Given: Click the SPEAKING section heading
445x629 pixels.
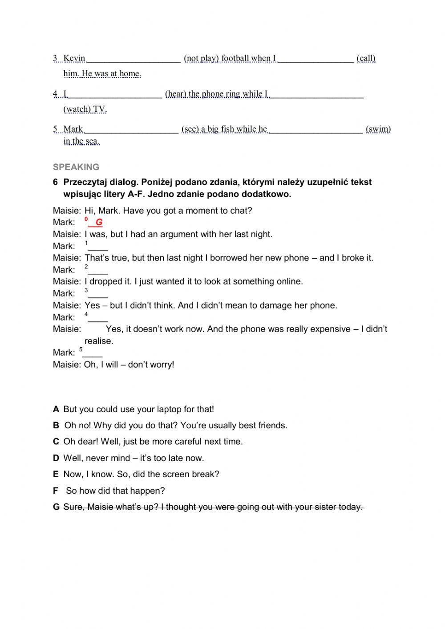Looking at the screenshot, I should click(76, 167).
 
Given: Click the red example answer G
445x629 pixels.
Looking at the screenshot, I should click(99, 222).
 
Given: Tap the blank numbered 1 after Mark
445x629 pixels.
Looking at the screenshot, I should click(98, 247).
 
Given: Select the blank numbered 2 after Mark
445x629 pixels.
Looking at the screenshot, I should click(98, 271).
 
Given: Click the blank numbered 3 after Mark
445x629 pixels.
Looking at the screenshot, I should click(98, 294).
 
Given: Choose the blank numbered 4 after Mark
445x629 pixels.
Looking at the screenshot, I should click(98, 318).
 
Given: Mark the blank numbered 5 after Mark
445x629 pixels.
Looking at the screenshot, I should click(93, 353).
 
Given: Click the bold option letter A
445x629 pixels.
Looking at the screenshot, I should click(56, 409).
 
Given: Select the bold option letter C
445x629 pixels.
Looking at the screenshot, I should click(56, 442).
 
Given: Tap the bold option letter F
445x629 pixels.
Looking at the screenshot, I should click(56, 491).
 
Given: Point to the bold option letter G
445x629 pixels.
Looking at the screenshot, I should click(56, 507).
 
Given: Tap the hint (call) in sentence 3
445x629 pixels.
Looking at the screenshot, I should click(366, 58).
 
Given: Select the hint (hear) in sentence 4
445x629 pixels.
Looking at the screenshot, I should click(176, 93).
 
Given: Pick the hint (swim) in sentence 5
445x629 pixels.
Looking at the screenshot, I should click(378, 129).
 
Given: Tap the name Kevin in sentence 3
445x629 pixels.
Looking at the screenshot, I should click(74, 58).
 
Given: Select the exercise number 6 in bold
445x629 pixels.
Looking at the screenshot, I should click(56, 182).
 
